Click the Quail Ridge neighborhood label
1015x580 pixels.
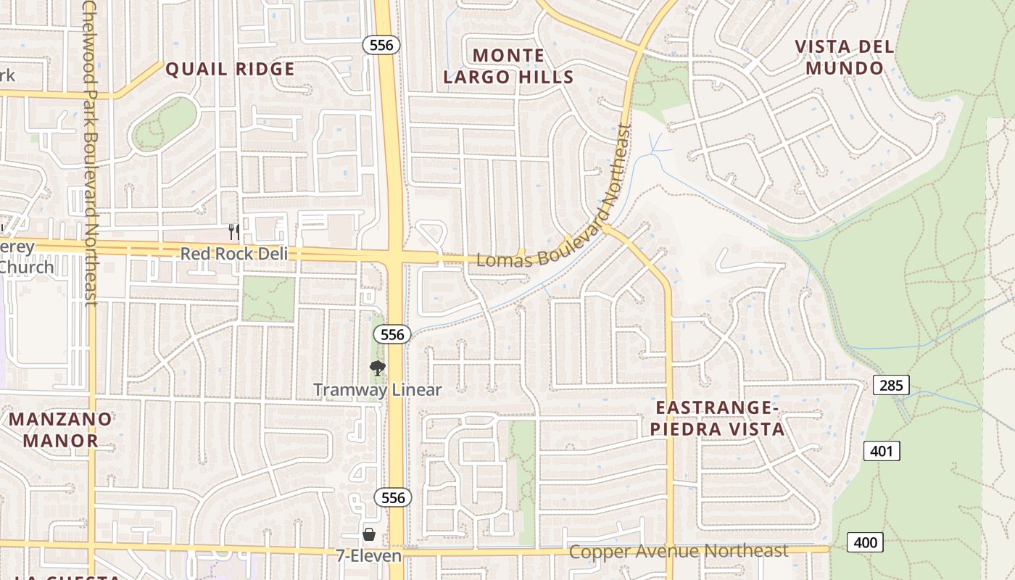230,69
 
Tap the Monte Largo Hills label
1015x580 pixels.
508,66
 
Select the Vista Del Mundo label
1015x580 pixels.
845,57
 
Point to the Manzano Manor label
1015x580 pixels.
60,429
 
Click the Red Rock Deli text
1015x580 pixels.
233,254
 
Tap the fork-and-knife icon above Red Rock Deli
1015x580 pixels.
233,231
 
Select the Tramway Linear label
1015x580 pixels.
377,390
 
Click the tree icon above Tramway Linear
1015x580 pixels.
377,368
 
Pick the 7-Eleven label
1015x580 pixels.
368,556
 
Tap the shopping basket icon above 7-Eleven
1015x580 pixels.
368,535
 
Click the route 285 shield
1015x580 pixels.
890,385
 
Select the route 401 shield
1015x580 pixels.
881,451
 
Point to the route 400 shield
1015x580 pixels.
865,542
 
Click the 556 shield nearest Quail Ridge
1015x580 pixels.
381,45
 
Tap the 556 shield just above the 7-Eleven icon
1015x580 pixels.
393,497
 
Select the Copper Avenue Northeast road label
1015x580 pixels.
678,551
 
